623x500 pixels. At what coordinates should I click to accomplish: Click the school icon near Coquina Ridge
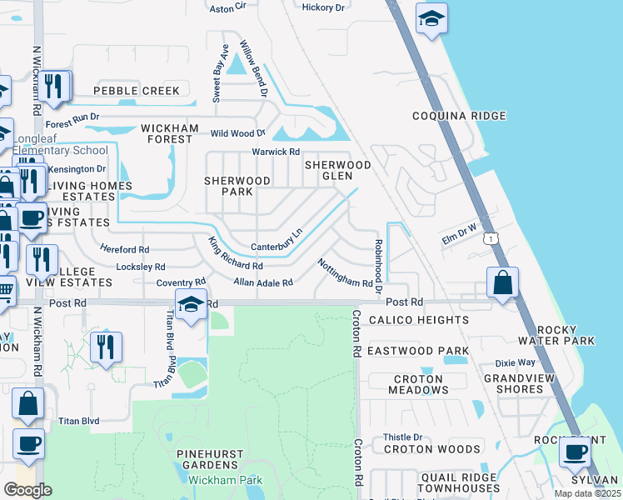pyautogui.click(x=431, y=20)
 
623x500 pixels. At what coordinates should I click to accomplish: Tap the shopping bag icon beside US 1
pyautogui.click(x=503, y=283)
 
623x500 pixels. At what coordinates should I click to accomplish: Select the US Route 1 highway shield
pyautogui.click(x=494, y=237)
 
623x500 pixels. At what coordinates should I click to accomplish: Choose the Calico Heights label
pyautogui.click(x=419, y=320)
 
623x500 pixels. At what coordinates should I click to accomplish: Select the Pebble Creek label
pyautogui.click(x=137, y=90)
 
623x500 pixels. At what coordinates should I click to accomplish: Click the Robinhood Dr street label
pyautogui.click(x=377, y=266)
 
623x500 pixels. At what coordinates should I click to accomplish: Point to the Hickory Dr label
pyautogui.click(x=323, y=7)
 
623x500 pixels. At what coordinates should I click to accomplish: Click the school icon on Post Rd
pyautogui.click(x=190, y=305)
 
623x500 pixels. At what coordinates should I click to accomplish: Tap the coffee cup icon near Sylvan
pyautogui.click(x=573, y=452)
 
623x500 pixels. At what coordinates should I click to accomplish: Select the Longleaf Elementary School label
pyautogui.click(x=55, y=151)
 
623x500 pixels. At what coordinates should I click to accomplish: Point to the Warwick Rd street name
pyautogui.click(x=277, y=152)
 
